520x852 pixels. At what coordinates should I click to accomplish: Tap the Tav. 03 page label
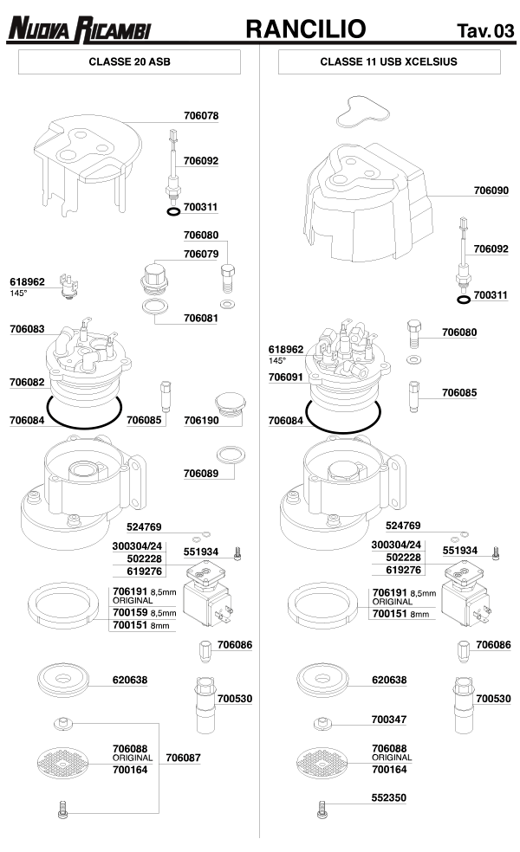484,32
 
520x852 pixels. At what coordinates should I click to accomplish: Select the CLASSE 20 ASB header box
129,62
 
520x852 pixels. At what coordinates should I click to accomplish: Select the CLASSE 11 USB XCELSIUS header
389,62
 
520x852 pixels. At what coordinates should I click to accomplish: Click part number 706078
201,115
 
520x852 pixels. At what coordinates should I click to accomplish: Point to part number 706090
491,190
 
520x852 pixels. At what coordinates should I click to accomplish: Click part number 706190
201,421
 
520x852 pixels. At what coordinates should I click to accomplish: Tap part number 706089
201,473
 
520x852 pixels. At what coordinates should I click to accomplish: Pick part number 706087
183,758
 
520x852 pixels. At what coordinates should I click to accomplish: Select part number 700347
389,720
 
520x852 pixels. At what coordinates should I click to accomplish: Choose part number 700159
129,613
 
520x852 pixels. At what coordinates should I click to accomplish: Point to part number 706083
27,330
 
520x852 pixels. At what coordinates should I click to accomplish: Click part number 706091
286,378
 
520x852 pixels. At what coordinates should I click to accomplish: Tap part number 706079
201,254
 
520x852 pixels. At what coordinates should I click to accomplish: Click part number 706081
201,318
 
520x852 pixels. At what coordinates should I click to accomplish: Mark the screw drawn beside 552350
322,810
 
